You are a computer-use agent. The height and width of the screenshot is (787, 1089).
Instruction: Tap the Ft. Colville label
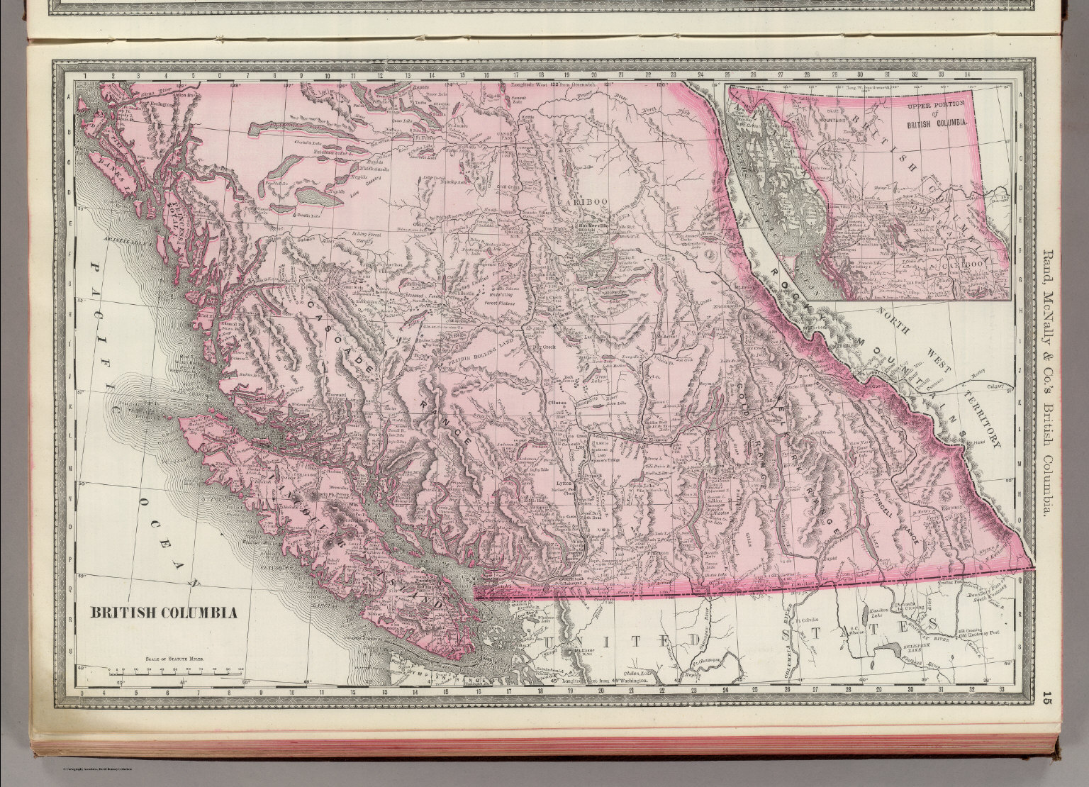point(809,608)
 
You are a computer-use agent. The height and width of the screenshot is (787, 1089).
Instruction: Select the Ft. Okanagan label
point(694,662)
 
